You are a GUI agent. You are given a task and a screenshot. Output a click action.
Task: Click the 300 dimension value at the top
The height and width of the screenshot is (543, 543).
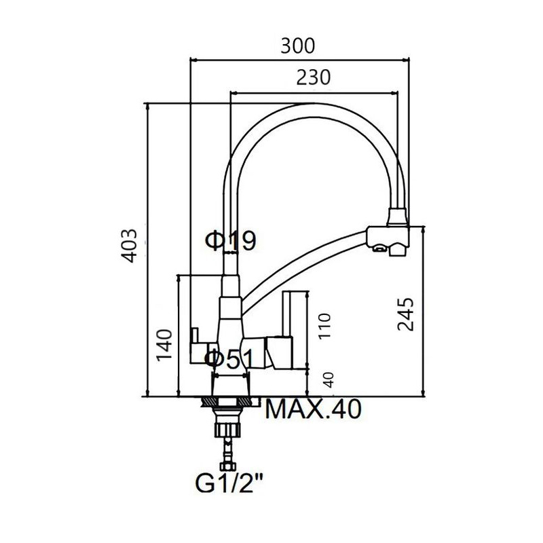tap(297, 46)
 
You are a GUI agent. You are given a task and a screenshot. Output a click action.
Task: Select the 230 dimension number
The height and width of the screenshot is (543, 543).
tap(314, 77)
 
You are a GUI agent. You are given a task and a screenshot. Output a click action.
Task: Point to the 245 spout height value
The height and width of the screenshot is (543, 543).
tap(405, 314)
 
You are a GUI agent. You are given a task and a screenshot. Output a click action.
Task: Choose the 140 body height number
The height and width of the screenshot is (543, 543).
tap(164, 345)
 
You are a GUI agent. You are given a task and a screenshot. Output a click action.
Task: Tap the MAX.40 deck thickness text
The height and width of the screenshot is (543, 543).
tap(314, 409)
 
